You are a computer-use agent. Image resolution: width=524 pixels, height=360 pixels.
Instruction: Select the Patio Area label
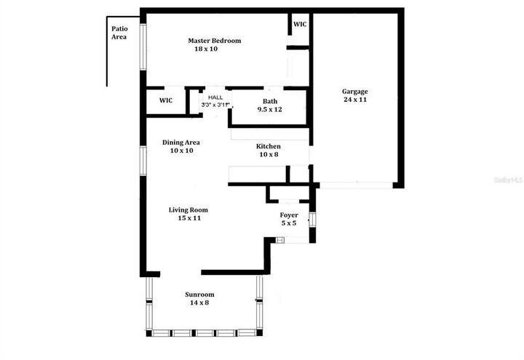point(119,33)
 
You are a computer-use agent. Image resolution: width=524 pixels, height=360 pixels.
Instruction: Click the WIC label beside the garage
point(300,24)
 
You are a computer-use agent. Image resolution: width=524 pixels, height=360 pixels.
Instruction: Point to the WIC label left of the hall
point(165,100)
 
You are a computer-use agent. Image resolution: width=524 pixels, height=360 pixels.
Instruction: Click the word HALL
point(215,97)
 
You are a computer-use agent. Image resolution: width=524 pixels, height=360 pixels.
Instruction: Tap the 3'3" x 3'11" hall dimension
point(215,105)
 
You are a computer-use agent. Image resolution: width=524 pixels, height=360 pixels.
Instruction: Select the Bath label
point(269,100)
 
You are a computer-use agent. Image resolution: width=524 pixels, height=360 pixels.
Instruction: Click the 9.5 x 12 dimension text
point(269,109)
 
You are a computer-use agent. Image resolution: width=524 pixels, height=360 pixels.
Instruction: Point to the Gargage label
point(355,92)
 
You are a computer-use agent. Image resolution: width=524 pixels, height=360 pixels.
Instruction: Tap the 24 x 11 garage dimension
point(355,100)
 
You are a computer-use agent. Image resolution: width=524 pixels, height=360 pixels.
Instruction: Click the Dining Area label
point(181,143)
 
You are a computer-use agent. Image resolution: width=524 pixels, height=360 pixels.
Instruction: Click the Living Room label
point(188,209)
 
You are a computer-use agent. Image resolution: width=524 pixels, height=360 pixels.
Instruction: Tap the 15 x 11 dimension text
point(188,218)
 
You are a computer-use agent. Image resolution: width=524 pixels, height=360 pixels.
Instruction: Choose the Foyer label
point(289,215)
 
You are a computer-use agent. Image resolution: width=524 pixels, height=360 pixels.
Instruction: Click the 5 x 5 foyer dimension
point(289,223)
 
